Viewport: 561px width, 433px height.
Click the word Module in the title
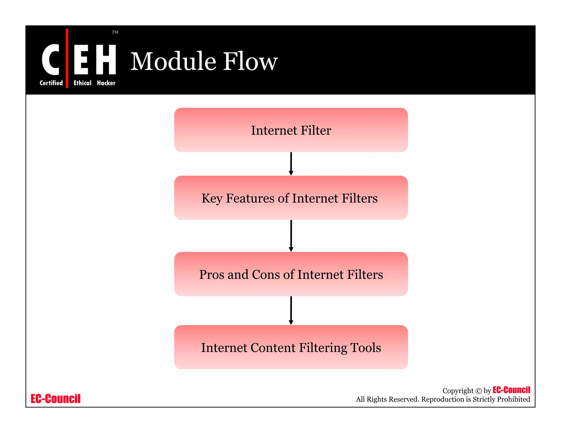173,61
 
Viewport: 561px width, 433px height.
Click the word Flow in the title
250,61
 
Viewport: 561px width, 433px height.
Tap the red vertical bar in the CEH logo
67,58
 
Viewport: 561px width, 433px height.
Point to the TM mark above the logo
115,32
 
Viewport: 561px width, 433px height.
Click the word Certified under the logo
51,83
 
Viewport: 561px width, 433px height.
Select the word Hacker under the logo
106,83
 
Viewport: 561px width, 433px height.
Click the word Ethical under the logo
82,83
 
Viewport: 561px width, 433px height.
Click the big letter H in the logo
106,60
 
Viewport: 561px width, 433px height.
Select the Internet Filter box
291,130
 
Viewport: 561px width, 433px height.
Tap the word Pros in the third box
211,275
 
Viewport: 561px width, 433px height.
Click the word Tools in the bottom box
365,348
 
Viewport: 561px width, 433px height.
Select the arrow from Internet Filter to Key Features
291,164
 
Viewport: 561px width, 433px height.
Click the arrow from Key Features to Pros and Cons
291,236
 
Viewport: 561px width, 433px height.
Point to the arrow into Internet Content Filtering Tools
291,310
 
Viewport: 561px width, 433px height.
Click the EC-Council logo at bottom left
56,399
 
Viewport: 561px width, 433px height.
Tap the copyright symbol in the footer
478,391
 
